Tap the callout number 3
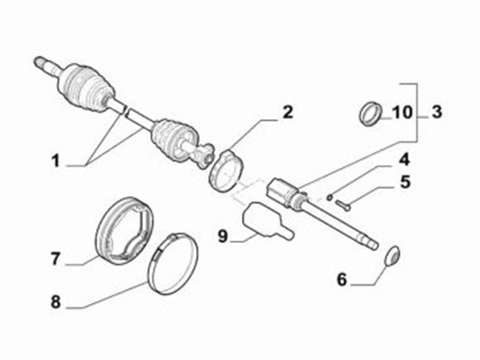click(x=436, y=113)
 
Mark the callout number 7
click(x=55, y=259)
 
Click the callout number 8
click(x=55, y=303)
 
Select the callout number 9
click(x=223, y=236)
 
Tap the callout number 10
click(x=402, y=113)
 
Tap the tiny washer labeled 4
click(x=329, y=197)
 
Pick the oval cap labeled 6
click(x=392, y=256)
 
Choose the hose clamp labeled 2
click(x=226, y=169)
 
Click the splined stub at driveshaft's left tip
click(x=43, y=64)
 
